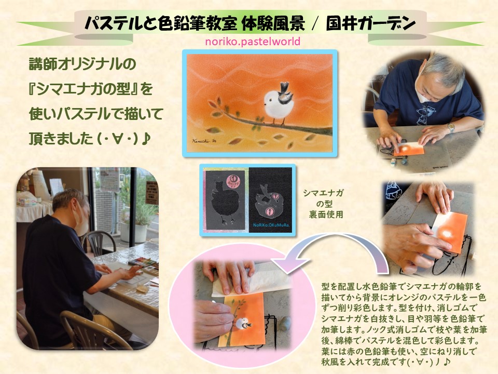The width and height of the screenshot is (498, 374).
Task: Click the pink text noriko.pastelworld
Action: click(x=253, y=42)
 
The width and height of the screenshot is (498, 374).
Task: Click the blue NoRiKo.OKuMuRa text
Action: click(x=271, y=225)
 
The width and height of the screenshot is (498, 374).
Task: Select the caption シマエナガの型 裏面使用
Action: click(x=323, y=204)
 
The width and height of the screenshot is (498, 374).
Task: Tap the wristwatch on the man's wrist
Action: click(x=451, y=128)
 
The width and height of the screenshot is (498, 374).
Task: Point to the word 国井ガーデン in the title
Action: click(x=370, y=24)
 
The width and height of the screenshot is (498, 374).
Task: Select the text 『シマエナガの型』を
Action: click(x=90, y=89)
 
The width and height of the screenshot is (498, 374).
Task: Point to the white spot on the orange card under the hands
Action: click(x=447, y=234)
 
